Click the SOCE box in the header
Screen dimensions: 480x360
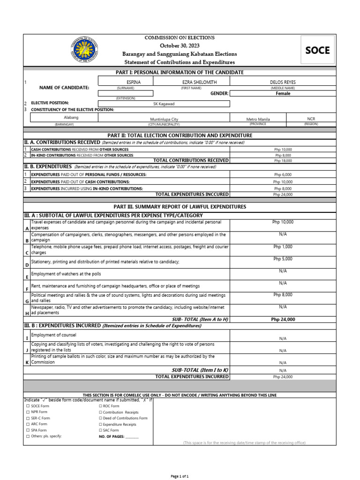pos(317,50)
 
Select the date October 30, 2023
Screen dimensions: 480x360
pos(180,45)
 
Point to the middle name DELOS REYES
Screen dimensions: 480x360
pos(283,82)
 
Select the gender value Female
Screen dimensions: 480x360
pos(283,93)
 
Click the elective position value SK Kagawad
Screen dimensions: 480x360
pos(164,104)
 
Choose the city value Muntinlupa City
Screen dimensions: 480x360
pos(164,120)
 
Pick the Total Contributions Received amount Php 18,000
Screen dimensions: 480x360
pos(283,160)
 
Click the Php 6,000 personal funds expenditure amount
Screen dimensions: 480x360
pos(283,174)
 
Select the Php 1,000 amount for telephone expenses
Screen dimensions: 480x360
pos(283,247)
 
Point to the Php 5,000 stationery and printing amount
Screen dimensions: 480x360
pos(283,259)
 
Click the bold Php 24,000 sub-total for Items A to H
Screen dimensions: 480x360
pos(283,319)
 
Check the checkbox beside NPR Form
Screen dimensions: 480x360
pos(28,412)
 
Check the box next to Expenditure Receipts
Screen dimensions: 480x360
pos(100,424)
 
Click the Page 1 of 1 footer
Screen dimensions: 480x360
pos(180,476)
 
